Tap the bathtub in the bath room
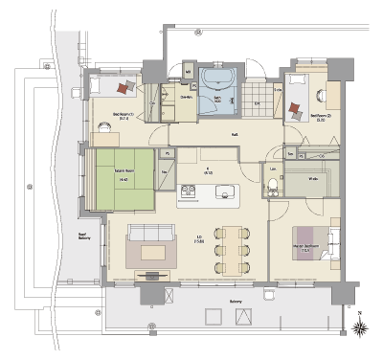(x=218, y=79)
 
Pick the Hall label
(x=235, y=135)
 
